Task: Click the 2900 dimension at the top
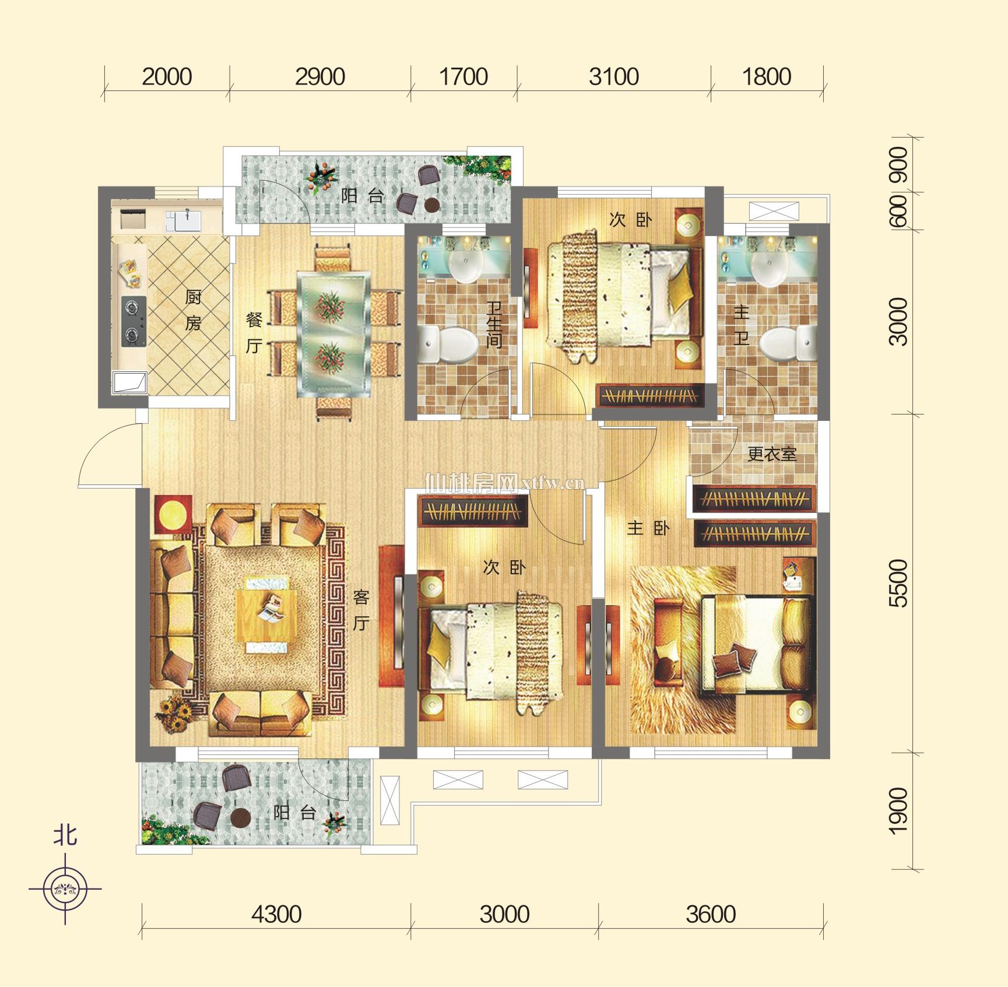pos(320,77)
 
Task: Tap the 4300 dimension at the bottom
pos(276,914)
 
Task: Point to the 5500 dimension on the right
pos(899,583)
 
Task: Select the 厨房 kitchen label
pos(193,310)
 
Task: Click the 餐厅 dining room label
pos(254,332)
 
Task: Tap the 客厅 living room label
pos(361,610)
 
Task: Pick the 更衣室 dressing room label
pos(772,454)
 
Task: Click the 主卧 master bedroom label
pos(648,528)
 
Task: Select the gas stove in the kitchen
pos(134,321)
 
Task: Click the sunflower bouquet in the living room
pos(174,715)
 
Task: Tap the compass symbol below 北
pos(65,889)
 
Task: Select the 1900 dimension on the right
pos(899,810)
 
